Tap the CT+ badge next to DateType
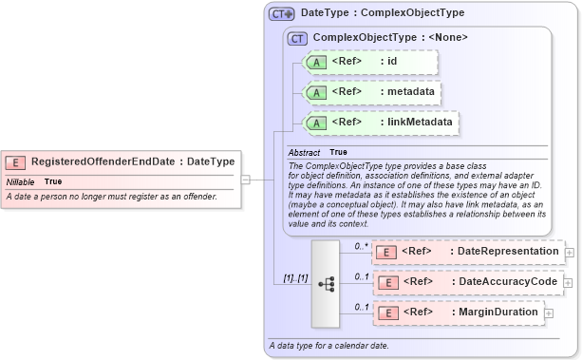(282, 13)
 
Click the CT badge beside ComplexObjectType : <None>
(298, 38)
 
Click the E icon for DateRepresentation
(386, 252)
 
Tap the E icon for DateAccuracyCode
(386, 282)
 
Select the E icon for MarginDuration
(386, 313)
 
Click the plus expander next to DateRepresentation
(570, 252)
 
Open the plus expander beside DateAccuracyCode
(570, 282)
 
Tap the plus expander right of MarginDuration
(549, 313)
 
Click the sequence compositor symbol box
(325, 283)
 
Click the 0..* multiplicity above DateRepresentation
(362, 246)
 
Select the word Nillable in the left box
(21, 181)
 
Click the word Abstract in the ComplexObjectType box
(305, 152)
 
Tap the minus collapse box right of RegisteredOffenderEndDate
(245, 178)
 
